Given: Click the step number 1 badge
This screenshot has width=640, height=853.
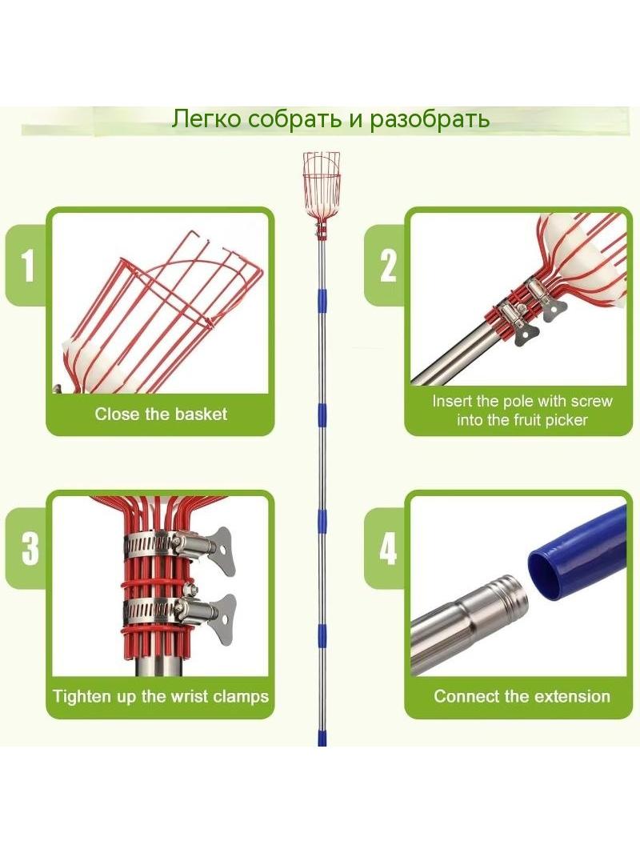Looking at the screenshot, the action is tap(28, 265).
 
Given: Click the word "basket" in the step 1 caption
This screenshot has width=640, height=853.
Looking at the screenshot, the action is tap(201, 414).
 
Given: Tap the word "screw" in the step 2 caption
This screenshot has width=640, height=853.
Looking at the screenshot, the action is tap(589, 402).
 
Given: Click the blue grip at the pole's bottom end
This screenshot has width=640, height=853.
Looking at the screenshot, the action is tap(322, 739).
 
